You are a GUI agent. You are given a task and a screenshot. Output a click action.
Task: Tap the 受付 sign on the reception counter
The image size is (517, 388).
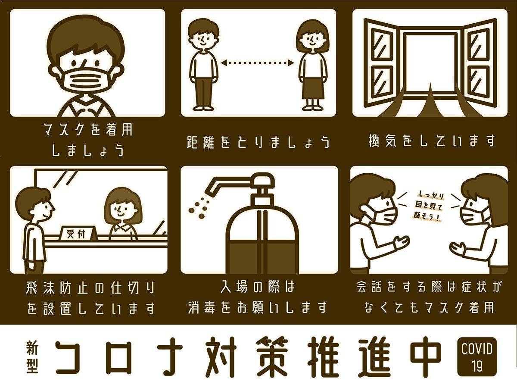coord(76,234)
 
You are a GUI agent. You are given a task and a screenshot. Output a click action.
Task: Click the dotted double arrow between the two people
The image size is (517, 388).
coord(258,63)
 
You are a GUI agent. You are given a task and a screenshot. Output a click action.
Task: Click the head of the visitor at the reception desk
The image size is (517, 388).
coord(37,203)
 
